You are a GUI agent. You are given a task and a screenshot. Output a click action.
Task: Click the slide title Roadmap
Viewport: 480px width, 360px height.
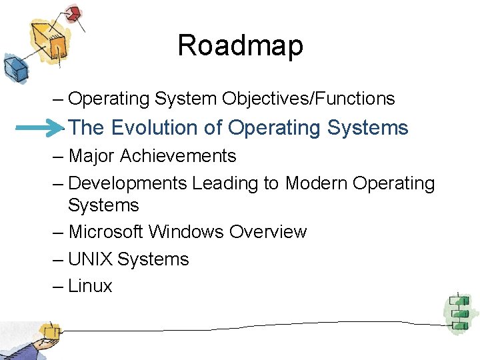[240, 45]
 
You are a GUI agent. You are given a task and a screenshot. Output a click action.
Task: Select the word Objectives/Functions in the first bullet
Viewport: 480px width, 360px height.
[309, 99]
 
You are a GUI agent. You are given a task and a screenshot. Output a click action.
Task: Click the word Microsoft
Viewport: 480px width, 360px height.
[105, 232]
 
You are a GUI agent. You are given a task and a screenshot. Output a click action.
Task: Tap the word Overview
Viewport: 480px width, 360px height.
[267, 232]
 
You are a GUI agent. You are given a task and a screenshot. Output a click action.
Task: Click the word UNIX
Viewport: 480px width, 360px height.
[90, 259]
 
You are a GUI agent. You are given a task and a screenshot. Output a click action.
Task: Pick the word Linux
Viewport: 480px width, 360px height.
[90, 287]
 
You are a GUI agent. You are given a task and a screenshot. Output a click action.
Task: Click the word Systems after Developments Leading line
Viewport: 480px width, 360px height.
[103, 205]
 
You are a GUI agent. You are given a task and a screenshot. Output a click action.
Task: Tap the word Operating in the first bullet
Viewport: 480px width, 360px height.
[109, 99]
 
